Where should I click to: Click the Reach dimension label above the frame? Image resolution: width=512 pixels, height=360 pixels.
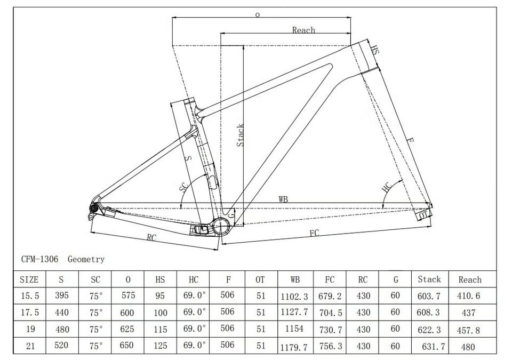[x=303, y=30]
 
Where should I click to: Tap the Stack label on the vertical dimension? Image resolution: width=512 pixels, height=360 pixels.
[x=241, y=135]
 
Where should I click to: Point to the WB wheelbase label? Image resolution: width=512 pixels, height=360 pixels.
[x=283, y=199]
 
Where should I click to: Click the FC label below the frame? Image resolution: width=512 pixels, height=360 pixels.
[x=314, y=233]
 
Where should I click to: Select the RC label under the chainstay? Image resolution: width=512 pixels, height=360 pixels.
[x=151, y=237]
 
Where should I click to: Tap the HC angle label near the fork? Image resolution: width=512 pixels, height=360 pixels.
[x=387, y=187]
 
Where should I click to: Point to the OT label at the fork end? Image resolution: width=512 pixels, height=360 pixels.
[x=423, y=215]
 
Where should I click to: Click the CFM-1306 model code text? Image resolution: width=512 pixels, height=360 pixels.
[x=40, y=259]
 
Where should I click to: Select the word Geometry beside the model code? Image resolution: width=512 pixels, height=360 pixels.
[x=86, y=259]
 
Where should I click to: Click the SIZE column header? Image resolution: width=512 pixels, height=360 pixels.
[x=29, y=279]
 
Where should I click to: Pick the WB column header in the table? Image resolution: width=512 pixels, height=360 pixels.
[x=295, y=279]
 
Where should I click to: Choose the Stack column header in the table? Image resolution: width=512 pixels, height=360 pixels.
[x=429, y=279]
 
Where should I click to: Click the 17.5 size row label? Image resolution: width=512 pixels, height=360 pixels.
[x=30, y=313]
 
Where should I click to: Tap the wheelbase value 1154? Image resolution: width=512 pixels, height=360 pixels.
[x=294, y=329]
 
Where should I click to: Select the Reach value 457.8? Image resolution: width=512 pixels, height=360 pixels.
[x=469, y=330]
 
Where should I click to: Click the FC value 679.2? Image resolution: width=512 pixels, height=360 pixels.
[x=330, y=297]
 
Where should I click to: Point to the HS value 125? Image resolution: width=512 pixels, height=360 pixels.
[x=161, y=346]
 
